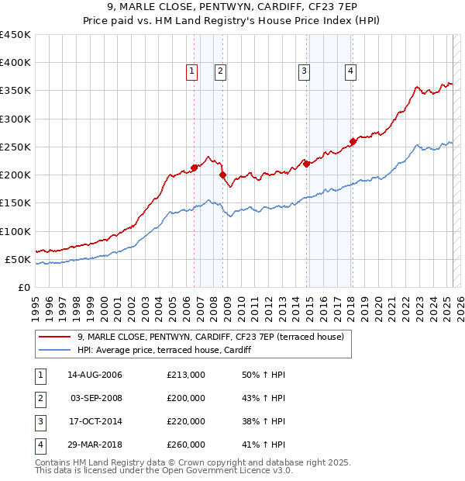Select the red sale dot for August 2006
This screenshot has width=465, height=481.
tap(194, 168)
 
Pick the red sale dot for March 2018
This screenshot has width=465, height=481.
tap(353, 141)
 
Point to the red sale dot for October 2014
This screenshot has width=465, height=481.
tap(306, 164)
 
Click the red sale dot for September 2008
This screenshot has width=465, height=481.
tap(222, 175)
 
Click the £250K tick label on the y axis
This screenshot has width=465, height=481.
tap(15, 147)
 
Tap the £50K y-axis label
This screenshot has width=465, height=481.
tap(18, 259)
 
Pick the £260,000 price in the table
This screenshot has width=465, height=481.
tap(186, 445)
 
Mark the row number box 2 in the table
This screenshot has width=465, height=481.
tap(38, 398)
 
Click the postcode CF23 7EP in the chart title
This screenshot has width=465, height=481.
tap(341, 7)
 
